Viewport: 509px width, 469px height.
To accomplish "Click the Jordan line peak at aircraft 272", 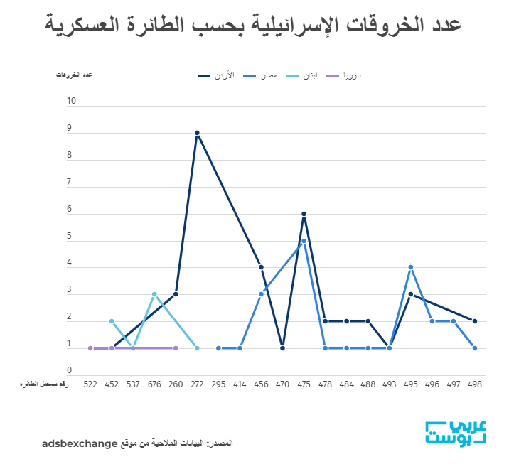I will [197, 133].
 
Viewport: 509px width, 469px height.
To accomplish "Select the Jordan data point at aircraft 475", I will [304, 214].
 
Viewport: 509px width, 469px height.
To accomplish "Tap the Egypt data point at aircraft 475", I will [304, 241].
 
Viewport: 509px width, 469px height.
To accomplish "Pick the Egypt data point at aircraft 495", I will [411, 267].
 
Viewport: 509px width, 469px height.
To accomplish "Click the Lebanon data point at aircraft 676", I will [154, 294].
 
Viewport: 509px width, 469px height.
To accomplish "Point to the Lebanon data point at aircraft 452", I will [112, 321].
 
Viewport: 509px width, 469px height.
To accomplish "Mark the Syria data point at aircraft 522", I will [90, 348].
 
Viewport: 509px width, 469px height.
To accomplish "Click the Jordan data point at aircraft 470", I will [282, 348].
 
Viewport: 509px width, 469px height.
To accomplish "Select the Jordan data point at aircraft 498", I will [474, 321].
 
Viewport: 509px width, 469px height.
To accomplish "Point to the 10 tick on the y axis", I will [71, 102].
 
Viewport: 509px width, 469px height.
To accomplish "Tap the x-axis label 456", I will [261, 384].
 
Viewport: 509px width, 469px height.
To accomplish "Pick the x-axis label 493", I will [389, 384].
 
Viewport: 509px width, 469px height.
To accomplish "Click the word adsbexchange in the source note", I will [79, 443].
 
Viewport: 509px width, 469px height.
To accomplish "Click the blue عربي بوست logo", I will [456, 433].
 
